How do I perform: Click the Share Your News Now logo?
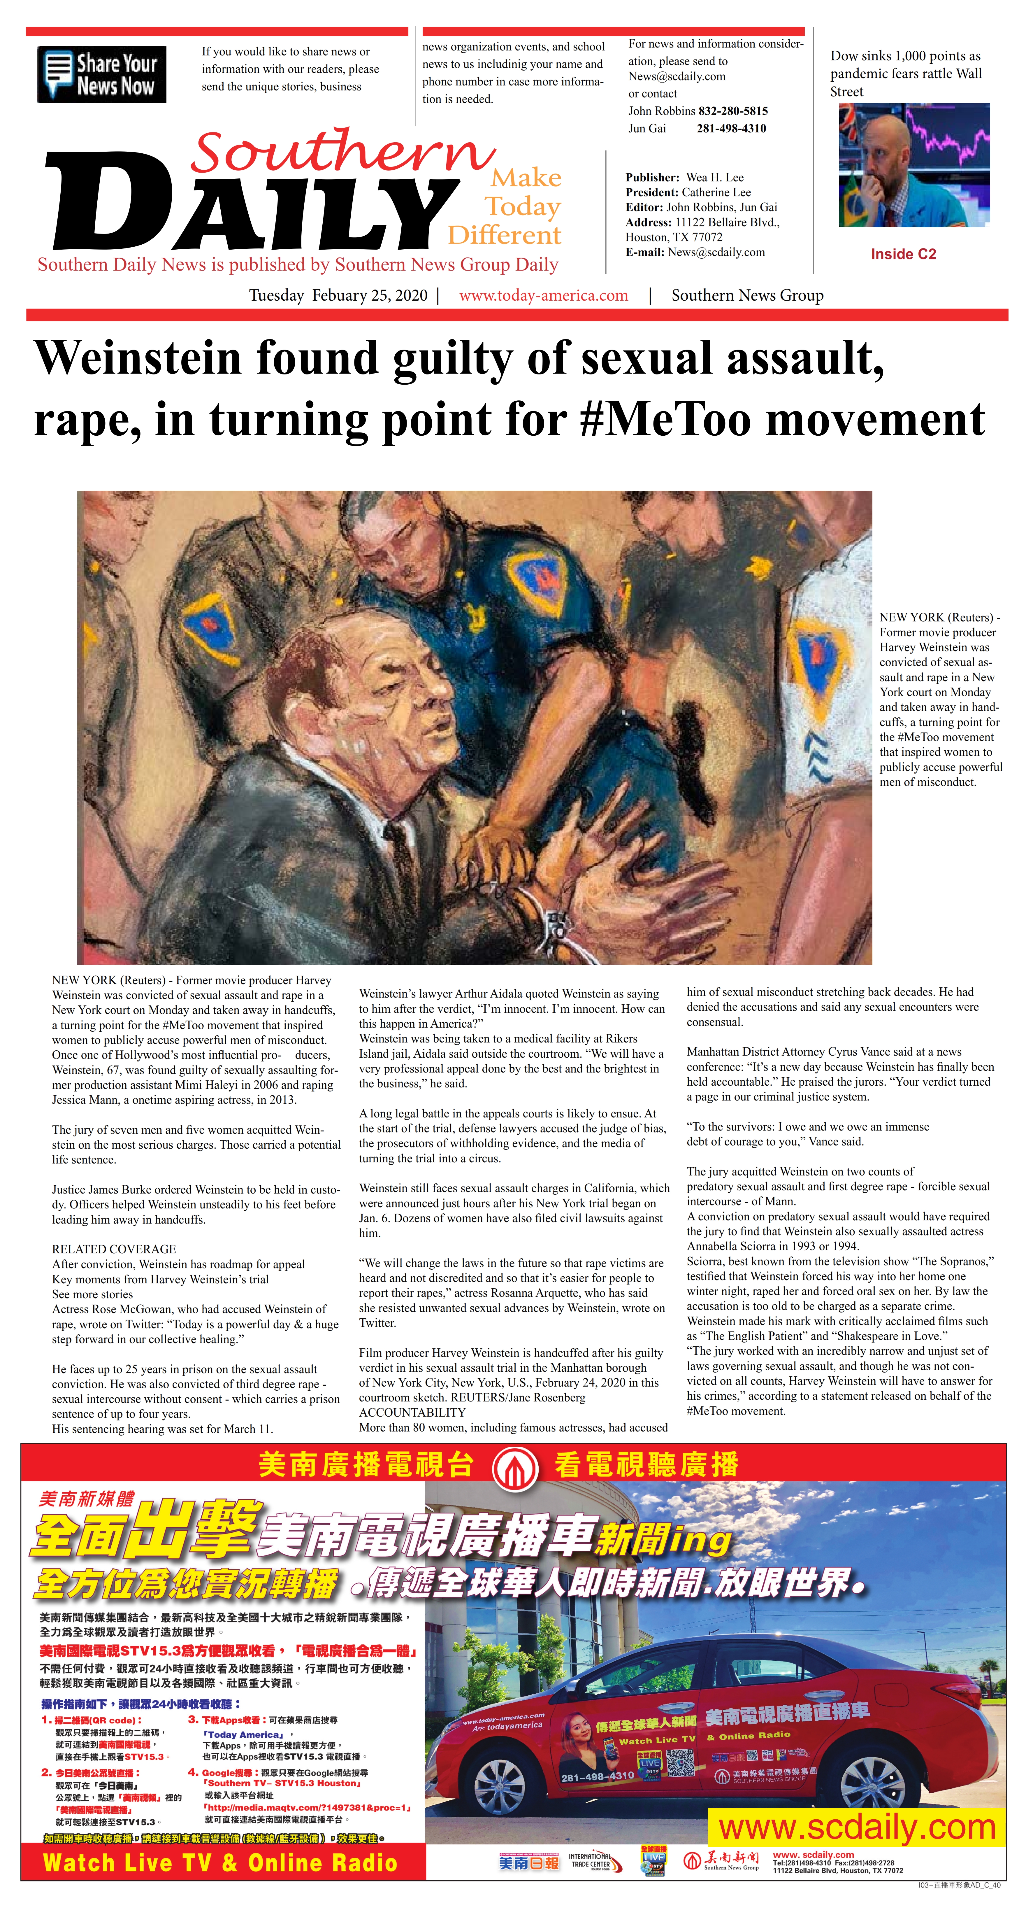(x=101, y=74)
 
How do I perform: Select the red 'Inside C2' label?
(x=903, y=254)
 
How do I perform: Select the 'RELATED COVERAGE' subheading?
(x=114, y=1249)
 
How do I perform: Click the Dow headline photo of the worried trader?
(x=914, y=164)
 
